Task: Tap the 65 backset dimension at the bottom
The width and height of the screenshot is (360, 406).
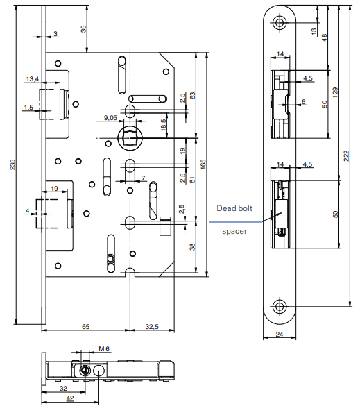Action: pos(85,325)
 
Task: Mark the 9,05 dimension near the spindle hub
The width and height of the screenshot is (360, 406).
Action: pos(110,119)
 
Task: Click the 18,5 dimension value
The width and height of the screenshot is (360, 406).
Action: pos(164,125)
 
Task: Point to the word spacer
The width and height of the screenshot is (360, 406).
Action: pos(234,230)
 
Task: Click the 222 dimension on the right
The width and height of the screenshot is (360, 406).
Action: pos(347,156)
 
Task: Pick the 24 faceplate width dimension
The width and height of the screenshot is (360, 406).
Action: pos(280,333)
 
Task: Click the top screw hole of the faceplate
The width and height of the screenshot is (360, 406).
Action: pos(280,22)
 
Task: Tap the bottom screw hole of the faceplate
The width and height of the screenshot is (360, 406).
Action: pos(280,306)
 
